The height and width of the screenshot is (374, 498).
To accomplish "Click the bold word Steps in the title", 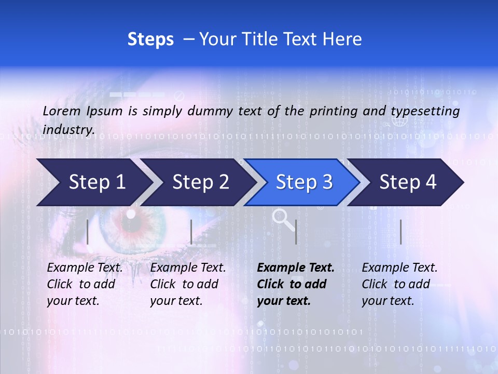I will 150,39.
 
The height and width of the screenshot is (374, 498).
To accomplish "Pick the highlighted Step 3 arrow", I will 304,182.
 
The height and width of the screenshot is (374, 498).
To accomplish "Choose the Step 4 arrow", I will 408,182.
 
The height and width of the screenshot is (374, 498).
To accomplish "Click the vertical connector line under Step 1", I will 88,232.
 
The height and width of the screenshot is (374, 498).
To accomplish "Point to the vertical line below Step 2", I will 191,232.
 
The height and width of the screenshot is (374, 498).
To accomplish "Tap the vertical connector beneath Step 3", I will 296,232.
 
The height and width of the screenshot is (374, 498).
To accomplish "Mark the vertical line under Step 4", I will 400,232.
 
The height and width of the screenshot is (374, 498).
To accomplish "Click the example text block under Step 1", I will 85,284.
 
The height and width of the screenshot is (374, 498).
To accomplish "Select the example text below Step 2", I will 188,284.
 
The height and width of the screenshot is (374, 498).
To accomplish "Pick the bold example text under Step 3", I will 296,284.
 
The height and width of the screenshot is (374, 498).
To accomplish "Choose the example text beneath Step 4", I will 399,284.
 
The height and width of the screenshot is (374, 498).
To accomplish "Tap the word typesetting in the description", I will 425,111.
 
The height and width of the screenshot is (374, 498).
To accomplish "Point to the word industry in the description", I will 68,130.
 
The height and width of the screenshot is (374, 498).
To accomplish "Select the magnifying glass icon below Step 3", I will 282,218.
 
